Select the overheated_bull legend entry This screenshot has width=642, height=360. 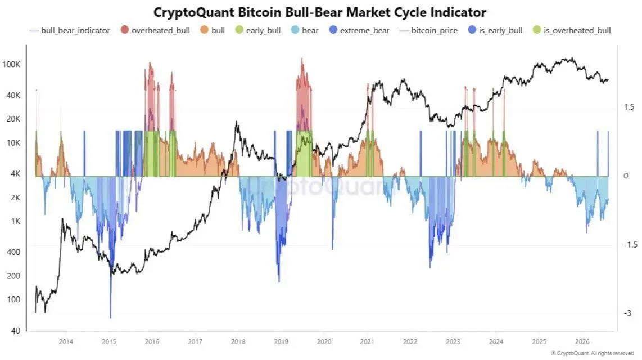point(156,30)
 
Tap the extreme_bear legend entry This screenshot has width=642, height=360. point(359,30)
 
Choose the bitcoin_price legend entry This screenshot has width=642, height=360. point(428,30)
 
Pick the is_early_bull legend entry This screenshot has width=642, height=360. point(495,30)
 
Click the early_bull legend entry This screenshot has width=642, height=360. point(258,30)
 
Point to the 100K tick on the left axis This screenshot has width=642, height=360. point(11,64)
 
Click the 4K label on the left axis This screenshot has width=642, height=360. point(15,174)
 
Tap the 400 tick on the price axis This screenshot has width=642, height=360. point(13,252)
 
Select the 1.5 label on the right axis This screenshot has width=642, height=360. point(629,107)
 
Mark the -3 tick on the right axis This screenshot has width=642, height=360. point(628,313)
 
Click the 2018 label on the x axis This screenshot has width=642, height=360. point(238,341)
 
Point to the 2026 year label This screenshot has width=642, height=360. point(582,341)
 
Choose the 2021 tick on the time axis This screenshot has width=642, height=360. point(367,341)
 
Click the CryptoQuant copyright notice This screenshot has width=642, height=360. point(593,353)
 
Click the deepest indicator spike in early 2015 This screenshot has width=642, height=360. point(111,318)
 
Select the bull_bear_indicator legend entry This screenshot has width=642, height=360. point(70,30)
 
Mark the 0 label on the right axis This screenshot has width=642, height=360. point(626,175)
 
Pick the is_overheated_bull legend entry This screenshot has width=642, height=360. point(572,30)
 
